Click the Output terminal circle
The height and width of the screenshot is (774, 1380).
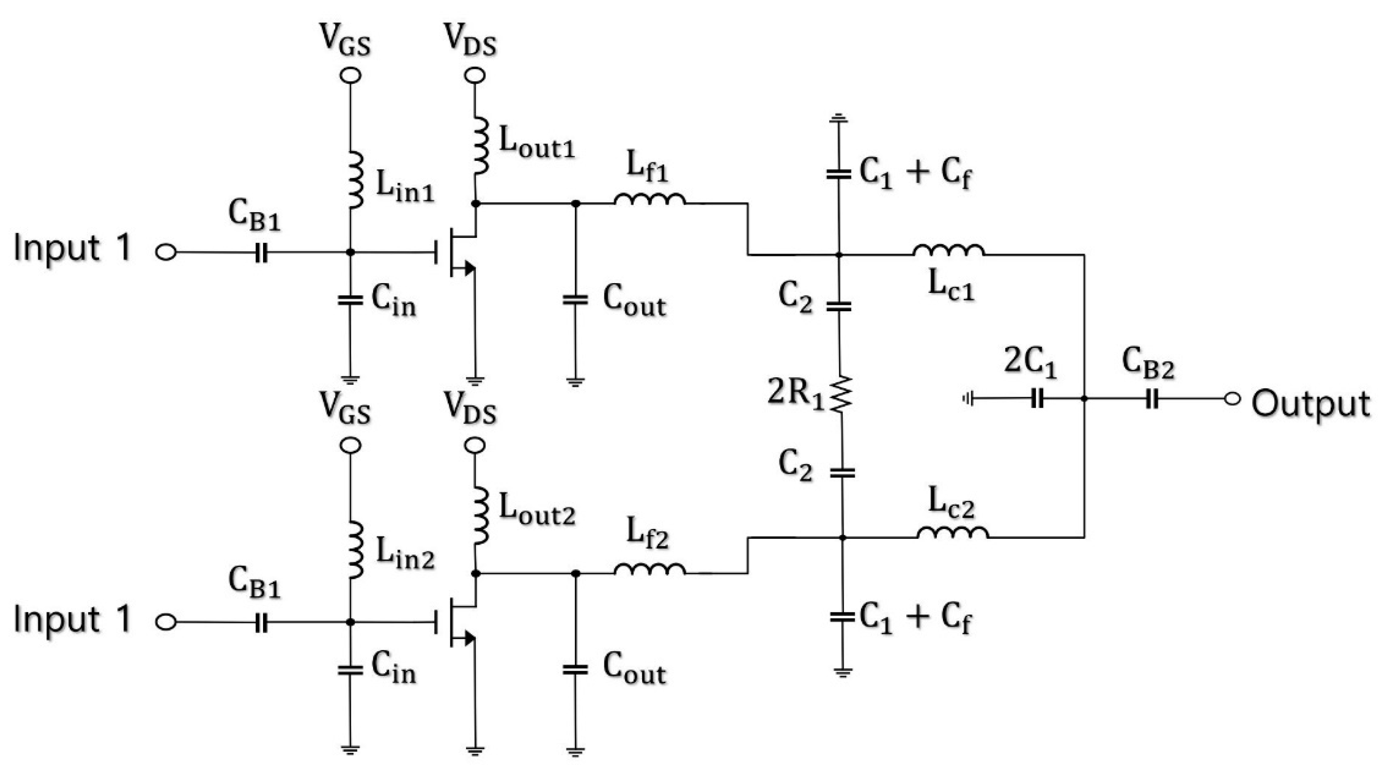click(1232, 399)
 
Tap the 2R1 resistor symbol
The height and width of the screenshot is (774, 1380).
click(841, 394)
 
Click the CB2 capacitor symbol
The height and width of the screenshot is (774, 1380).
click(1152, 399)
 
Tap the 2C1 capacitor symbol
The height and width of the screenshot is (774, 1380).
click(1037, 399)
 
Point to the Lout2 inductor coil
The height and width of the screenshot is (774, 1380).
click(482, 515)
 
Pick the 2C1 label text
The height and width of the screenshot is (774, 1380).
click(1030, 363)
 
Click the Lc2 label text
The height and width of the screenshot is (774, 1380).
click(951, 504)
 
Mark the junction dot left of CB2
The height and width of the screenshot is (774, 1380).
click(1084, 399)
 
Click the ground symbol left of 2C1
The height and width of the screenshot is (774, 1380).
click(967, 399)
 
